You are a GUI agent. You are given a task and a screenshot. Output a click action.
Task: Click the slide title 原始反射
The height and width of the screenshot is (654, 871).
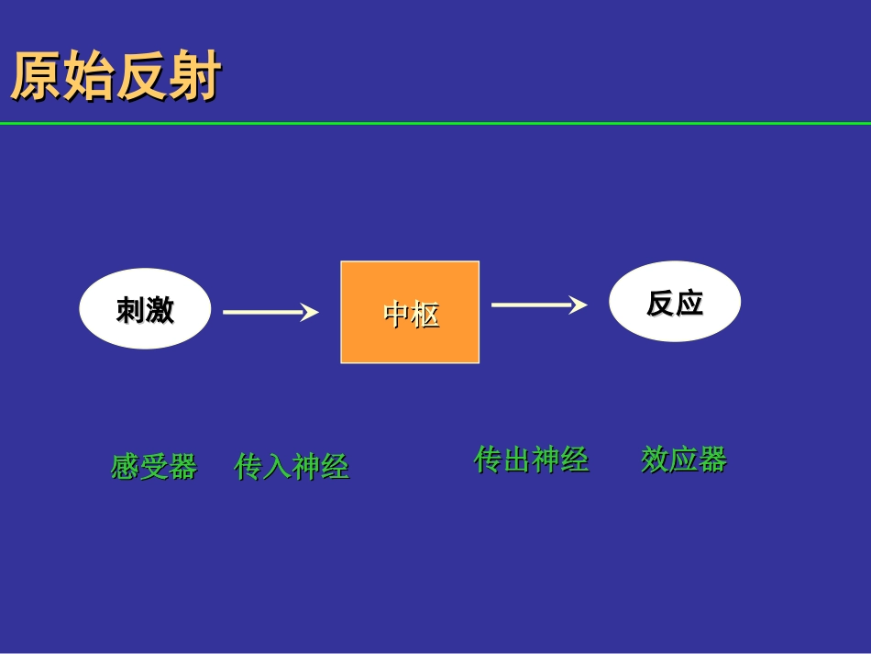116,77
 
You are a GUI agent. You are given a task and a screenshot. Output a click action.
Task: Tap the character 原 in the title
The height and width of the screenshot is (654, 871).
36,77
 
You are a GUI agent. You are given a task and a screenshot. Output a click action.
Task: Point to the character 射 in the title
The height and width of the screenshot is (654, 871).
195,77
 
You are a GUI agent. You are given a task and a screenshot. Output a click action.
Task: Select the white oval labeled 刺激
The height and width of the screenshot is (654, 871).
145,309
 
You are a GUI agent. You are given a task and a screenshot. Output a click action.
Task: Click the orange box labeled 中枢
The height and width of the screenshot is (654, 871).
410,312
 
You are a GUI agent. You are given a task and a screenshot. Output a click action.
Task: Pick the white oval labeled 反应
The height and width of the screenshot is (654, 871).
675,302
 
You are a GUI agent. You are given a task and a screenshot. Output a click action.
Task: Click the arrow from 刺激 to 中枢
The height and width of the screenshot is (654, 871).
270,312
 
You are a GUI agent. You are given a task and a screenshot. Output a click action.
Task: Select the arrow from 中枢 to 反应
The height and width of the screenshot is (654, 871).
537,305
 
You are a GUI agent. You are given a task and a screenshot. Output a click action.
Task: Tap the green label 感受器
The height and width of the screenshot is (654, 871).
154,466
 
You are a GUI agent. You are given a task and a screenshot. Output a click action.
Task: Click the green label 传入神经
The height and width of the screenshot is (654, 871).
292,466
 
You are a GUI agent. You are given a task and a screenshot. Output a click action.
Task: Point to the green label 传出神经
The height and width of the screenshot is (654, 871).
531,459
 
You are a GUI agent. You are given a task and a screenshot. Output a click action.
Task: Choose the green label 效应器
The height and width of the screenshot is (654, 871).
684,459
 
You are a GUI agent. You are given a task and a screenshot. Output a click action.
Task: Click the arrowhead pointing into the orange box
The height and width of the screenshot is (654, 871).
310,312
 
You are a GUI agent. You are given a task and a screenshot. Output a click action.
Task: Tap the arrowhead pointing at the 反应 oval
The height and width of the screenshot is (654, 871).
578,305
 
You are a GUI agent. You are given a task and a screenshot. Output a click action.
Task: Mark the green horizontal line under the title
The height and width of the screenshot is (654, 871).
435,123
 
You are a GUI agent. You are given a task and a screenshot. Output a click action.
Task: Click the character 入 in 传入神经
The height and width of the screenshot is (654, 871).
278,466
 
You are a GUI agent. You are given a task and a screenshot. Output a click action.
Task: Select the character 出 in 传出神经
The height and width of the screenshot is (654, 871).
517,459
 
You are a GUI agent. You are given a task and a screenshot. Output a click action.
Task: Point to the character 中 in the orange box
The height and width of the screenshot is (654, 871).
396,316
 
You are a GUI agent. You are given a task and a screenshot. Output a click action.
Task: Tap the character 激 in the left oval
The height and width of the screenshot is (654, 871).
160,310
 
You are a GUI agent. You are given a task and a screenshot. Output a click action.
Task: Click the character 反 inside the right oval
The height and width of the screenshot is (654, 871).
661,303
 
